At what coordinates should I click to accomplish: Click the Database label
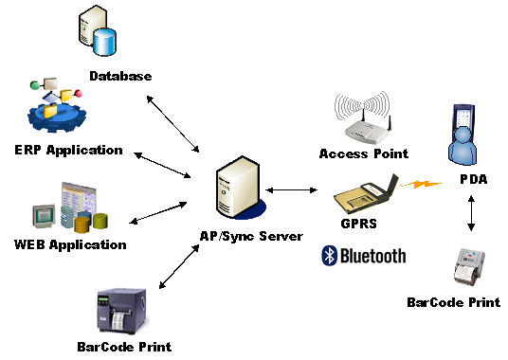click(120, 76)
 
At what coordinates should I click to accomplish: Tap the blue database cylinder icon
click(104, 42)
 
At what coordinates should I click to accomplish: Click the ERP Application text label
click(68, 151)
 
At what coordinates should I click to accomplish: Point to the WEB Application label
click(70, 245)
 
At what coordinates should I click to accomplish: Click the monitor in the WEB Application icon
click(44, 216)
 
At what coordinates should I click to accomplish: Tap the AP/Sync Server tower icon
click(239, 188)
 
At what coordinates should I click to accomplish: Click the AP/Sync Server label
click(251, 236)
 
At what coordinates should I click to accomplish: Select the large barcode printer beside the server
click(122, 311)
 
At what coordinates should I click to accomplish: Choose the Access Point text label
click(364, 153)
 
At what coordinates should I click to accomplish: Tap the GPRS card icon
click(367, 195)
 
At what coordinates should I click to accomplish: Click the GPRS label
click(359, 224)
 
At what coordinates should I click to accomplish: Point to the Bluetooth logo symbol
click(330, 256)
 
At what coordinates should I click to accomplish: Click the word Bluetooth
click(373, 256)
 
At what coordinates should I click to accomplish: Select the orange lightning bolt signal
click(421, 185)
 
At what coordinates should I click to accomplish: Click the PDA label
click(474, 179)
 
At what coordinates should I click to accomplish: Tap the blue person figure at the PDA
click(463, 145)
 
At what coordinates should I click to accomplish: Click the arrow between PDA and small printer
click(471, 213)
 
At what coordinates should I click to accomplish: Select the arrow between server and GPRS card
click(291, 190)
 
